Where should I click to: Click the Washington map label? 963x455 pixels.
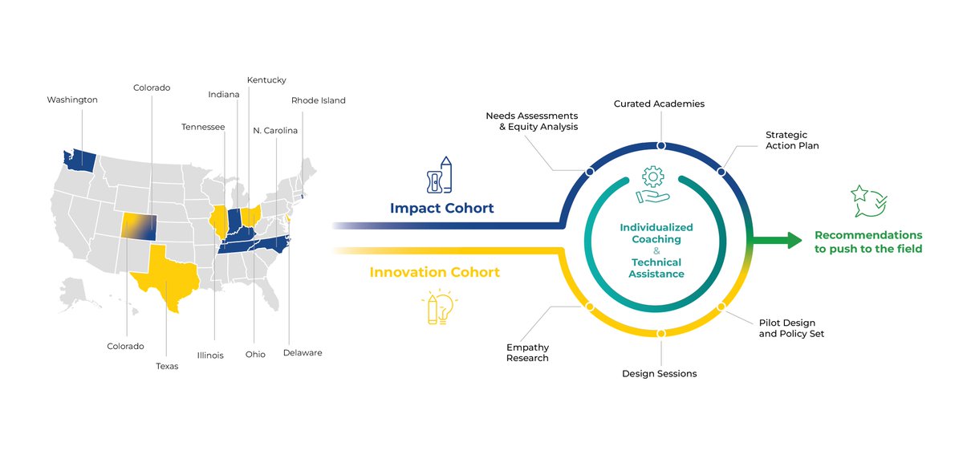pos(72,100)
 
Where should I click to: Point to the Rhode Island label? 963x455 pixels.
pos(318,100)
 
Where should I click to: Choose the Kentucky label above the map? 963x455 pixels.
pos(266,80)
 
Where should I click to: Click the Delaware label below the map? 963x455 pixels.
pos(303,352)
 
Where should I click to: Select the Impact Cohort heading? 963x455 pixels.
pos(441,209)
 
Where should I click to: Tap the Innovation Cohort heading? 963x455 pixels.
pos(434,273)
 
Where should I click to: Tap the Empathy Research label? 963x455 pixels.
pos(527,352)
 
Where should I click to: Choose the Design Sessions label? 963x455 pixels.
pos(659,373)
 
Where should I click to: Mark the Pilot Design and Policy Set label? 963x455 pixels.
pos(791,328)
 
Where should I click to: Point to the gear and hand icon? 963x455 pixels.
pos(653,185)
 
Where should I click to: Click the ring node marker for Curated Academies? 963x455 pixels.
pos(660,146)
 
